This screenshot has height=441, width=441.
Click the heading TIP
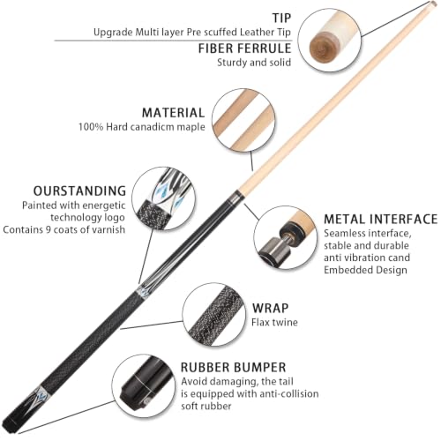281,18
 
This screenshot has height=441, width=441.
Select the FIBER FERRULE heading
244,49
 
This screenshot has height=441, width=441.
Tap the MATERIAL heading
173,113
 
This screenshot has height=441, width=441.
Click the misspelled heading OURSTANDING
79,191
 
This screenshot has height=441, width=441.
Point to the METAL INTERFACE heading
381,220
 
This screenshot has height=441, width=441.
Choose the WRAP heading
270,308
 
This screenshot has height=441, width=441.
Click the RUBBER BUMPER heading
233,368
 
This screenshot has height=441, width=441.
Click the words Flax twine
274,322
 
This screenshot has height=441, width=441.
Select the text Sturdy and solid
254,63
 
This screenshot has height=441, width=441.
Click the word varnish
108,229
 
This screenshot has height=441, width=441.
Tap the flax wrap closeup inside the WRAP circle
214,315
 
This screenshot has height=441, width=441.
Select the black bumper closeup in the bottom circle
138,382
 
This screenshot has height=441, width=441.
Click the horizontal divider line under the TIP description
173,41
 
